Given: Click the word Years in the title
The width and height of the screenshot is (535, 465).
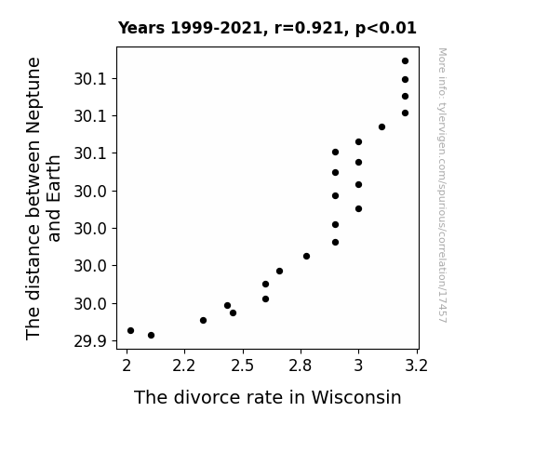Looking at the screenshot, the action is click(x=141, y=28).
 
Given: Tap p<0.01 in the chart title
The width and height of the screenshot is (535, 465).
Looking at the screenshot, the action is click(x=386, y=29).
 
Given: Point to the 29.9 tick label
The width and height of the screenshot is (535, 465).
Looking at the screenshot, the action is click(x=90, y=340).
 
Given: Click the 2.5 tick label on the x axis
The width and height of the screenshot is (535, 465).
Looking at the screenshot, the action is click(x=242, y=366).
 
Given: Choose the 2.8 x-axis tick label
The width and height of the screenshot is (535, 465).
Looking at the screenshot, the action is click(x=301, y=366).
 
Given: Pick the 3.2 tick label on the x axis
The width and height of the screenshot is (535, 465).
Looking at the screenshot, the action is click(x=416, y=366).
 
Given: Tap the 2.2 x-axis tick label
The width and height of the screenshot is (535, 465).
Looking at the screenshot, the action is click(x=184, y=366).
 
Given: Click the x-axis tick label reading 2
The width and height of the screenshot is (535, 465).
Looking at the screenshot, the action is click(x=127, y=366).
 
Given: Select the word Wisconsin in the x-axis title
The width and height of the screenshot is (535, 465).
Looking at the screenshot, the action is click(x=356, y=397).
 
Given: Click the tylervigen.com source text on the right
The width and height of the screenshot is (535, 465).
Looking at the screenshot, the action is click(x=442, y=185).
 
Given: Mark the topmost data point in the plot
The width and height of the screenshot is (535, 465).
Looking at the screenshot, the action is click(x=405, y=61).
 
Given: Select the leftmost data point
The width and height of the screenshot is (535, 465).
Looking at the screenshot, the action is click(x=130, y=330).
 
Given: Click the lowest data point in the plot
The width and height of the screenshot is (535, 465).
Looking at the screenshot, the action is click(x=151, y=336).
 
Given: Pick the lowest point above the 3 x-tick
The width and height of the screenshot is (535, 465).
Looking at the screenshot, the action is click(x=358, y=209).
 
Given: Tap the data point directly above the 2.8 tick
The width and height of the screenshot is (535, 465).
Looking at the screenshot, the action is click(x=306, y=256).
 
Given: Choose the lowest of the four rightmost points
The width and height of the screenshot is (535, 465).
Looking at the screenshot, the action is click(x=405, y=113).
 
